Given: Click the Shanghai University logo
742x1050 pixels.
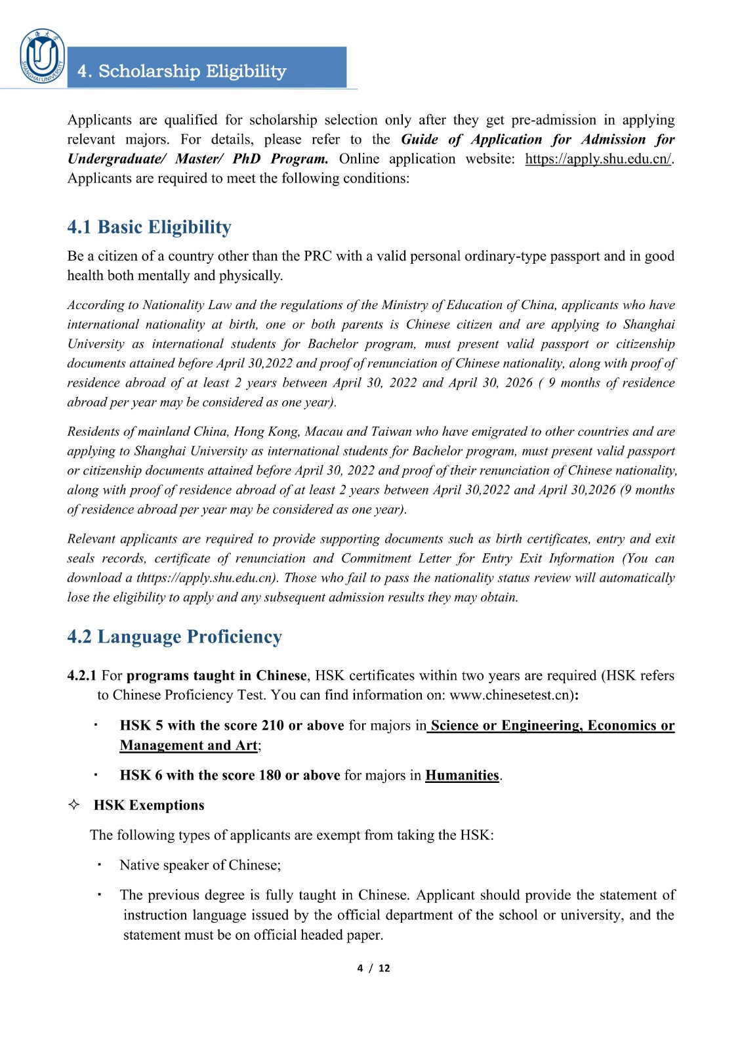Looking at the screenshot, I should coord(43,57).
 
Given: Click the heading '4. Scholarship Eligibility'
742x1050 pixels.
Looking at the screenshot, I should coord(182,71).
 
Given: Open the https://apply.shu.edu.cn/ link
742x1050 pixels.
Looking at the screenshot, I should coord(598,159).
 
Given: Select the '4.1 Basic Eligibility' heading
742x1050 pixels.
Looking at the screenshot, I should coord(149,227).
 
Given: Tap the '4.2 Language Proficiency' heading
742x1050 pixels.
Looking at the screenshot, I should coord(175,637).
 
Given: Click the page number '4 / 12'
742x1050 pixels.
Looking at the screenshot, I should coord(373,968).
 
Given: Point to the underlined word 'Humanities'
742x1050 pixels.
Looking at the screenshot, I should coord(462,775).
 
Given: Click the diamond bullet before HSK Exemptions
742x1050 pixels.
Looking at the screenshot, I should coord(74,805).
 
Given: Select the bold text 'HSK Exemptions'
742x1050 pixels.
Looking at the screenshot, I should coord(149,805).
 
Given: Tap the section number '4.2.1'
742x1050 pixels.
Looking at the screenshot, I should coord(81,675).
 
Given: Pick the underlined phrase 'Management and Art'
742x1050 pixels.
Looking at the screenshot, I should coord(189,745).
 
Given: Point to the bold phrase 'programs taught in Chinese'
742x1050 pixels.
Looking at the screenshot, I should coord(216,675).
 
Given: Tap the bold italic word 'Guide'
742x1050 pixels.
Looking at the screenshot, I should coord(419,139).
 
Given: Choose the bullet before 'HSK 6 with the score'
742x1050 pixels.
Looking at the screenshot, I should coord(96,774).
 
